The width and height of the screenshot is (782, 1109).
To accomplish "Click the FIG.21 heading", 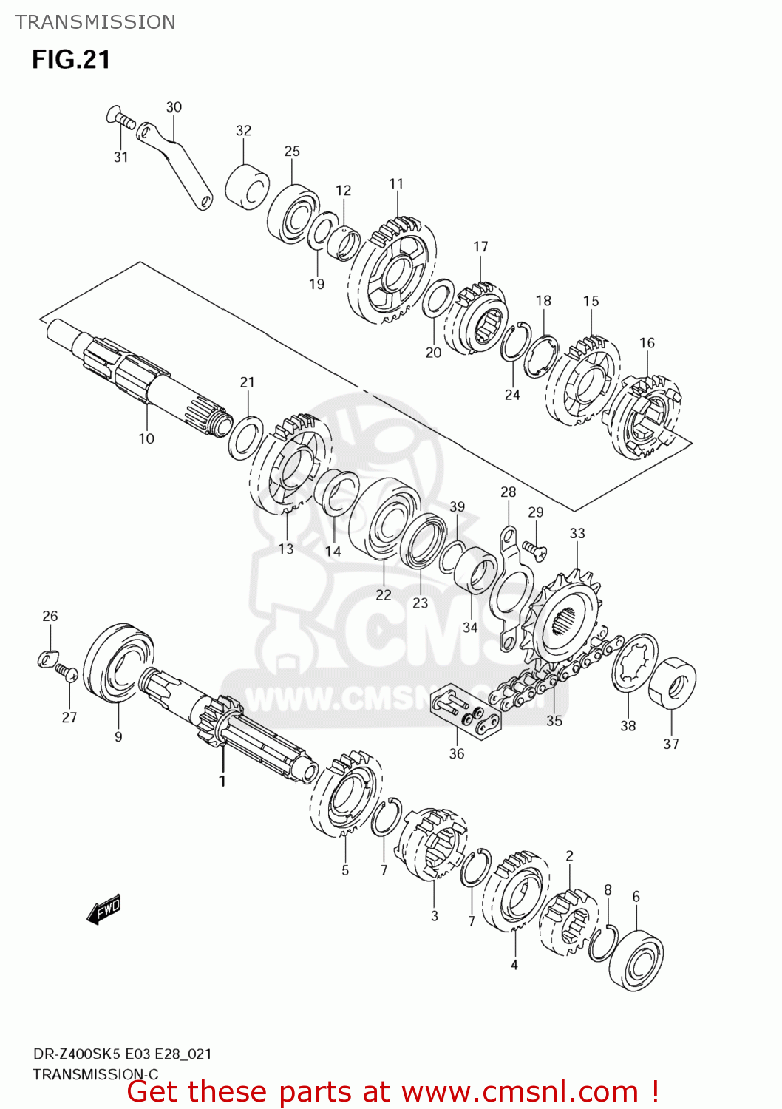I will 71,60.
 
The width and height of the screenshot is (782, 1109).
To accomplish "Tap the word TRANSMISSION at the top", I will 95,22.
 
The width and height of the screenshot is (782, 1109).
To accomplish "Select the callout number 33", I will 577,533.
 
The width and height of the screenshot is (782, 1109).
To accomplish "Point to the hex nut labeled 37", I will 672,682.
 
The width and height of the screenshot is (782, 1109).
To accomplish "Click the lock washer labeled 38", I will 635,662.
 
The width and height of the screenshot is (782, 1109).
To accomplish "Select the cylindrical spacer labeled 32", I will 247,189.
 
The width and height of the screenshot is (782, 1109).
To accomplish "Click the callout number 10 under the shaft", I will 146,438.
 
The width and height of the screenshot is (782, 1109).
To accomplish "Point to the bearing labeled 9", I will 118,662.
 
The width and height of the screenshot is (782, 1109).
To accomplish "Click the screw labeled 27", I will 67,673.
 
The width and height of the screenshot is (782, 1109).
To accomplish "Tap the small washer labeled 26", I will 48,657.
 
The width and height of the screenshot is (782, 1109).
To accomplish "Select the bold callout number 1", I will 222,781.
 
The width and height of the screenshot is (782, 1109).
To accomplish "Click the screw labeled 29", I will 534,549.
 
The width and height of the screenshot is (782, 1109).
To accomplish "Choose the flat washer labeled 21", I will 245,437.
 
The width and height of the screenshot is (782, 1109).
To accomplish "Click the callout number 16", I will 647,342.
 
